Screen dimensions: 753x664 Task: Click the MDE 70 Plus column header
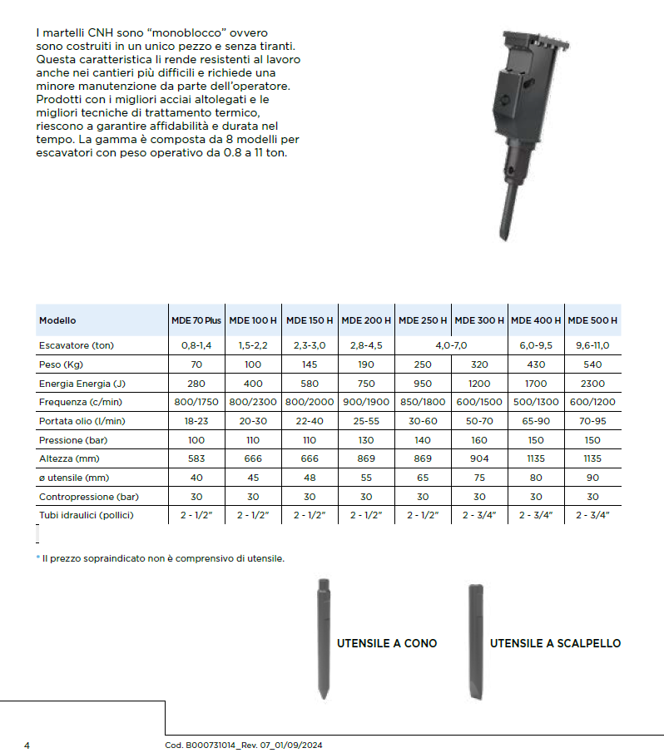point(196,320)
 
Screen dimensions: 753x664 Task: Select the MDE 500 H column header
point(592,320)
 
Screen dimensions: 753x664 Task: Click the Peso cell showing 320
point(479,365)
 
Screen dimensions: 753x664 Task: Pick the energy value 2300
point(592,384)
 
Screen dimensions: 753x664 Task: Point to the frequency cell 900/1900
point(366,403)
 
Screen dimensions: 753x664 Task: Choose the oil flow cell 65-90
point(536,422)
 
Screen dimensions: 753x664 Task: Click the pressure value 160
point(479,440)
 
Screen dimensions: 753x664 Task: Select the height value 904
point(479,459)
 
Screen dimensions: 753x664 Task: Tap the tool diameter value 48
point(310,478)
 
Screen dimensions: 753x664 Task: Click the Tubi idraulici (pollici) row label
point(87,515)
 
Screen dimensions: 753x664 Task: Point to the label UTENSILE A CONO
point(386,643)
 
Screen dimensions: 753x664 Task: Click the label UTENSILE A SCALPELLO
point(555,643)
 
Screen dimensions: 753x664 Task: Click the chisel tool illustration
point(475,641)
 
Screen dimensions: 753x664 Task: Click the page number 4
point(27,745)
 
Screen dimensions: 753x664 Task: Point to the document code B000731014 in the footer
point(202,745)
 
